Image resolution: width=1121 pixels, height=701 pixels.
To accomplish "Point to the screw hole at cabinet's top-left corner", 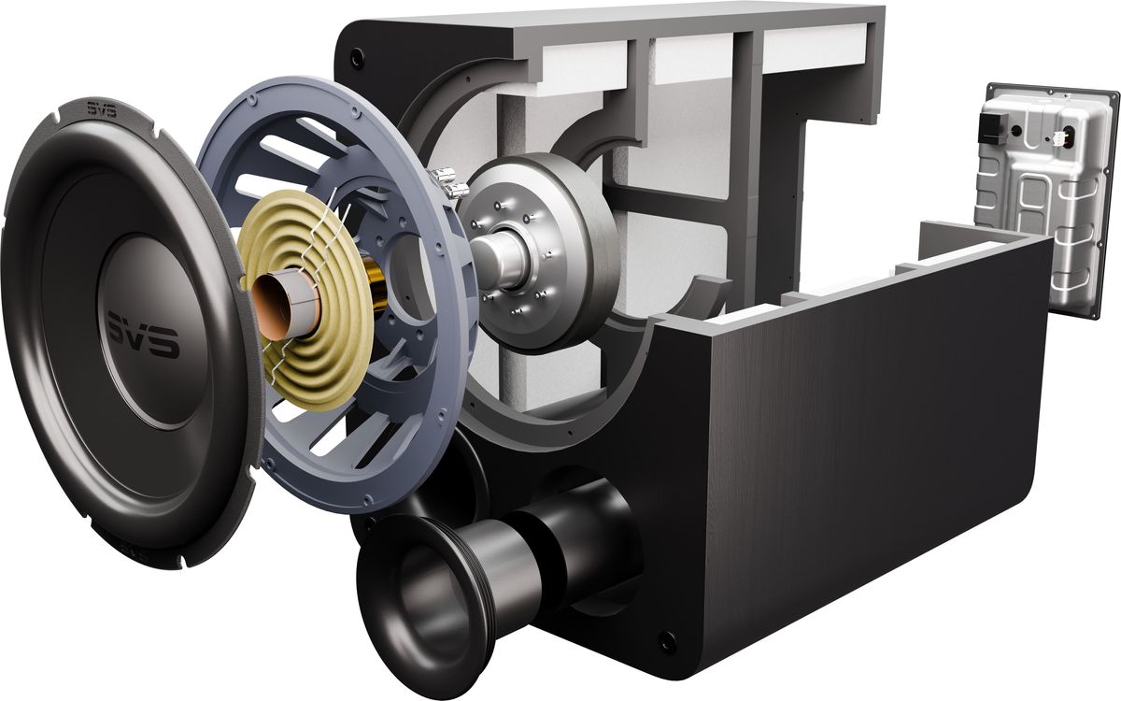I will click(x=356, y=58).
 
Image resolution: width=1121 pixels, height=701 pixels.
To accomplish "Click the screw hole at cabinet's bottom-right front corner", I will click(x=664, y=641).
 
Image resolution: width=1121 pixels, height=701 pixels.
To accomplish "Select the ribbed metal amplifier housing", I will click(x=1046, y=206).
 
